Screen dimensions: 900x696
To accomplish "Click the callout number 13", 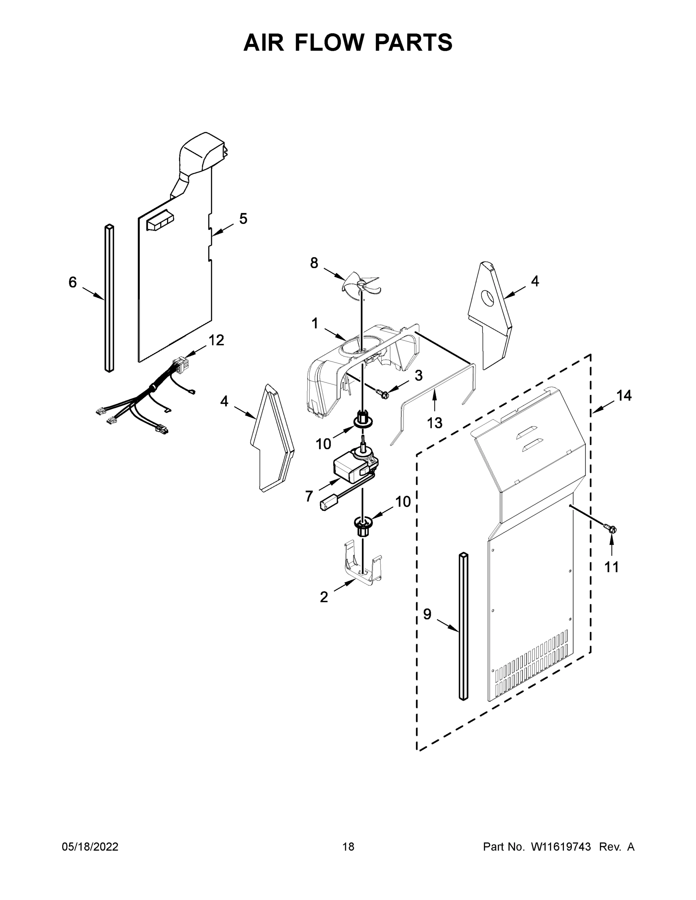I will pyautogui.click(x=434, y=422).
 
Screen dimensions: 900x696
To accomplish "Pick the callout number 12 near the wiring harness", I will pyautogui.click(x=216, y=340).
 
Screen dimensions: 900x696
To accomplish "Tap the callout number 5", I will pyautogui.click(x=243, y=219).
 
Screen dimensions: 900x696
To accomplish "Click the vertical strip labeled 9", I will pyautogui.click(x=463, y=626).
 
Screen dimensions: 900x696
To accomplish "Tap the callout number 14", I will pyautogui.click(x=624, y=396).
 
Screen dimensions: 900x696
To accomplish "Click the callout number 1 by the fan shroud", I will pyautogui.click(x=314, y=324).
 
